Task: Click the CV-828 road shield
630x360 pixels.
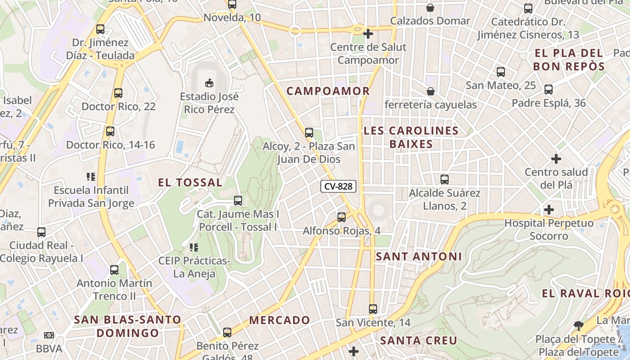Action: click(x=338, y=186)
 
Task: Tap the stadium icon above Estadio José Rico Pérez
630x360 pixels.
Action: click(x=209, y=83)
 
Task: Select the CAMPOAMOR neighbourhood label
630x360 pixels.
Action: click(x=328, y=91)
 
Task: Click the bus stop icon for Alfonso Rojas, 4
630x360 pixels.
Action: click(x=342, y=217)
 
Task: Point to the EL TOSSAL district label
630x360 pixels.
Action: click(x=190, y=182)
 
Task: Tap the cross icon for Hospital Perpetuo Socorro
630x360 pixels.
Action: click(x=549, y=210)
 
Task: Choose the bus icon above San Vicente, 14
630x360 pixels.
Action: click(x=373, y=309)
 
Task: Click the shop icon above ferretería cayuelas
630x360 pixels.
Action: click(x=431, y=92)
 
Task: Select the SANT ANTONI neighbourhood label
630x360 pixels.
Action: click(x=418, y=256)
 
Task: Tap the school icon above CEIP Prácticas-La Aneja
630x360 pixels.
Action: click(x=194, y=247)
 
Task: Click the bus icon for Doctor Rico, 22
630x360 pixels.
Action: click(x=118, y=93)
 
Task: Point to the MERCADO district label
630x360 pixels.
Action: click(x=279, y=320)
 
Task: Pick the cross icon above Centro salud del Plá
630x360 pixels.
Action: click(x=556, y=159)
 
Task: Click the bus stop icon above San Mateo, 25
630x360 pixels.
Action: click(x=500, y=72)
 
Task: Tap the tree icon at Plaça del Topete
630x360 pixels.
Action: click(x=579, y=325)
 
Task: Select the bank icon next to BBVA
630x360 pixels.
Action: click(x=49, y=335)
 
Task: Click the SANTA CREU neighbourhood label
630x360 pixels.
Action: click(x=418, y=341)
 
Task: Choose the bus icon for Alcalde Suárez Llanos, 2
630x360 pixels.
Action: click(x=445, y=180)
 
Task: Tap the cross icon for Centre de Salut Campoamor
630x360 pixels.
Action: click(x=368, y=34)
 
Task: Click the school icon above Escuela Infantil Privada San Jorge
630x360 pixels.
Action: click(x=91, y=177)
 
